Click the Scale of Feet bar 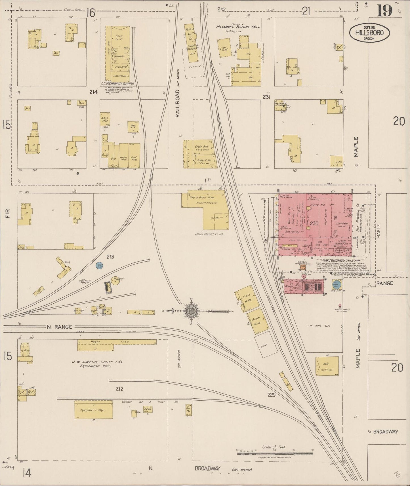[275, 453]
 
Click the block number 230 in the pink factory [314, 224]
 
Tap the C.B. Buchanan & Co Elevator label [117, 84]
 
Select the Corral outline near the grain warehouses [266, 346]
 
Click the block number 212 [119, 389]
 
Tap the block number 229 [271, 394]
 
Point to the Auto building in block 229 [327, 366]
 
